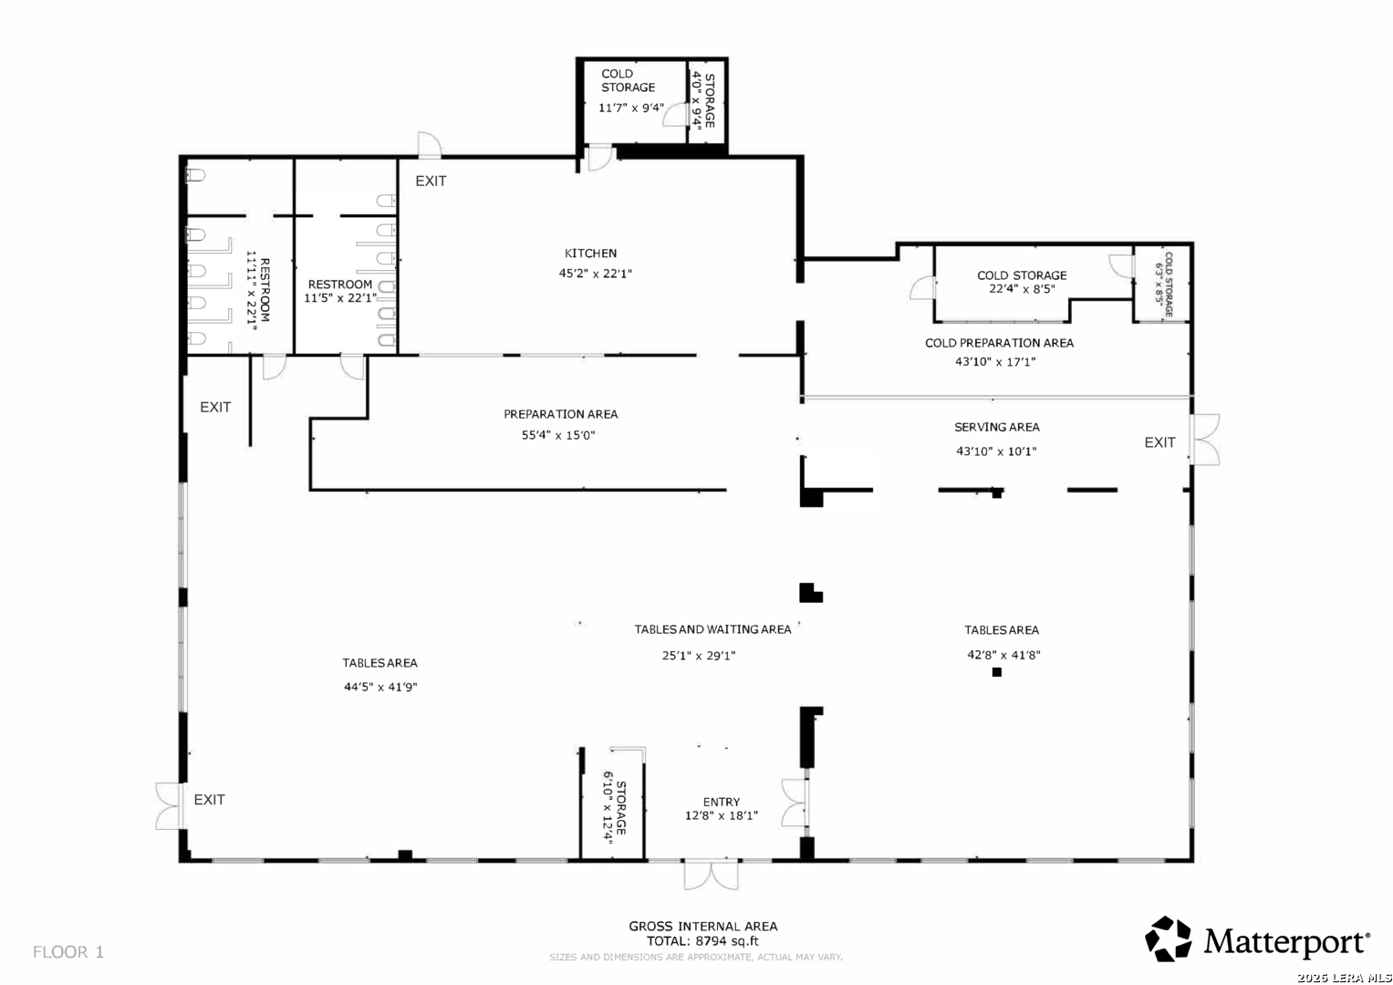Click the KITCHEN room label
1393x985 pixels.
[590, 254]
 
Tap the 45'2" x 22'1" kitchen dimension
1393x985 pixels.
[595, 273]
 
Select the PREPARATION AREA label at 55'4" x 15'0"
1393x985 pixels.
[560, 414]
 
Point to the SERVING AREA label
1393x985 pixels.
[996, 427]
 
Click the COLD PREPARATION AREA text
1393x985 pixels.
[999, 343]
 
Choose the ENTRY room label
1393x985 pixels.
[722, 803]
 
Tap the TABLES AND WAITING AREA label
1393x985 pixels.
[712, 629]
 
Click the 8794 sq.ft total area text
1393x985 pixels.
[727, 941]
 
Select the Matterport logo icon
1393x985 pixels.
[1168, 939]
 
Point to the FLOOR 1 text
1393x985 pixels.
[68, 952]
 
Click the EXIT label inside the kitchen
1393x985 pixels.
[431, 181]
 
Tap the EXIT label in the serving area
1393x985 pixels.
[1159, 442]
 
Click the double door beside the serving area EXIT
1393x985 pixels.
[1205, 440]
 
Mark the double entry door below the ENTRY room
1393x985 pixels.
[711, 875]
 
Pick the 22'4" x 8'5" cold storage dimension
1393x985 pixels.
[1022, 288]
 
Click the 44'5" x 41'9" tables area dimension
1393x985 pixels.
[380, 687]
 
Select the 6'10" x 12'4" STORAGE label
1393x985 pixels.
[615, 808]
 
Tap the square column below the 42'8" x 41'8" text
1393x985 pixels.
[997, 672]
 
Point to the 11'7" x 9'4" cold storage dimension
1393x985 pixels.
[630, 108]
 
